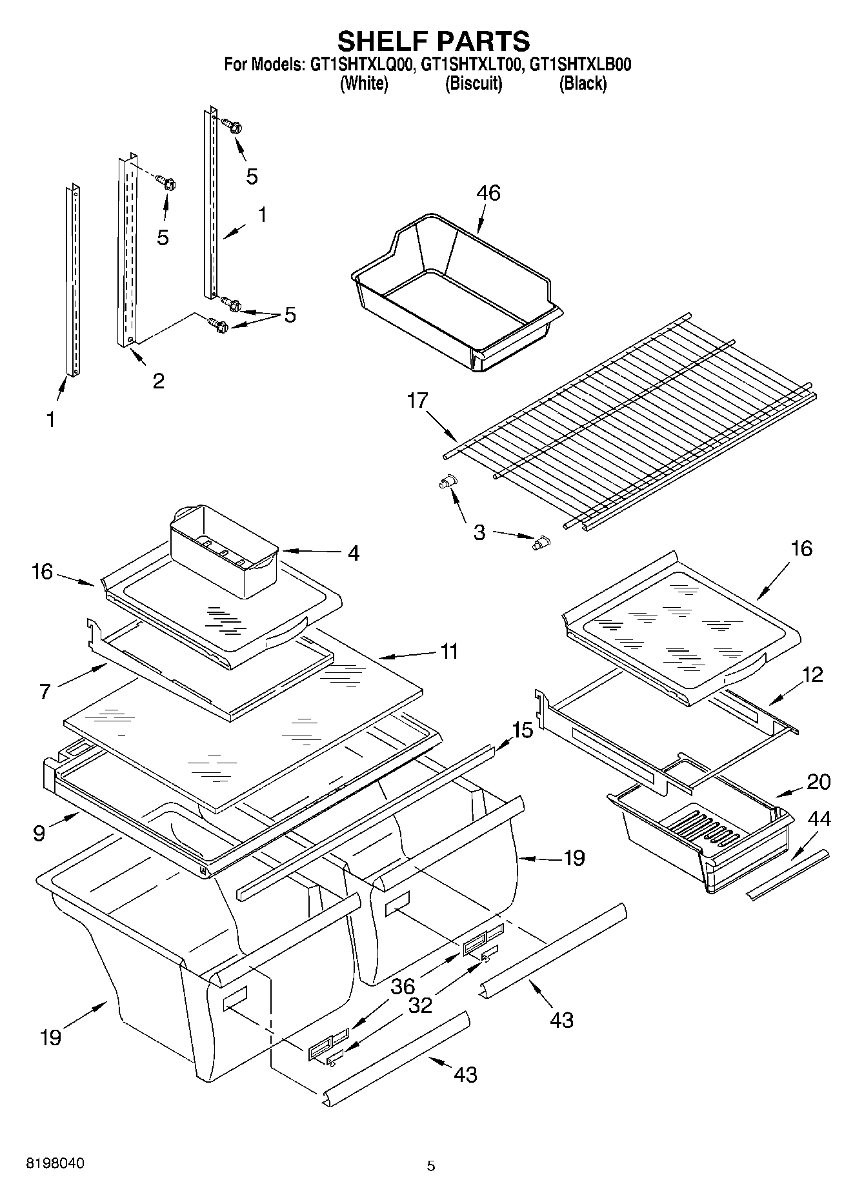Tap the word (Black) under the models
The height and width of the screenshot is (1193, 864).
(583, 83)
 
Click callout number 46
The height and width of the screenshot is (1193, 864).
(488, 193)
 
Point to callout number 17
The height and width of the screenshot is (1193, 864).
(417, 401)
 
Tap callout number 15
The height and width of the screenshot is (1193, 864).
(522, 731)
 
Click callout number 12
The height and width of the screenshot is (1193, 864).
(813, 675)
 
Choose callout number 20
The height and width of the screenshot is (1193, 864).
(818, 782)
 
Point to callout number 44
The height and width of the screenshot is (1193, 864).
(819, 819)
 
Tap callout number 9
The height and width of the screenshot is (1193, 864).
(39, 833)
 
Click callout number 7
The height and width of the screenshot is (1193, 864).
(45, 692)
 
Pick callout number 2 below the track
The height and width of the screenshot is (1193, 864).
(158, 381)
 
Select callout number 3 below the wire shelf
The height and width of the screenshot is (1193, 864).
(479, 533)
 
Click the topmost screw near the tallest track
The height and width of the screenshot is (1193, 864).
(232, 125)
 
